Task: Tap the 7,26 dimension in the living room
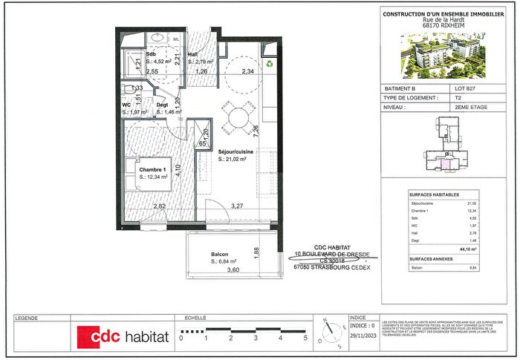tap(256, 132)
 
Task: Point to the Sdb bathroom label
tap(151, 54)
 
